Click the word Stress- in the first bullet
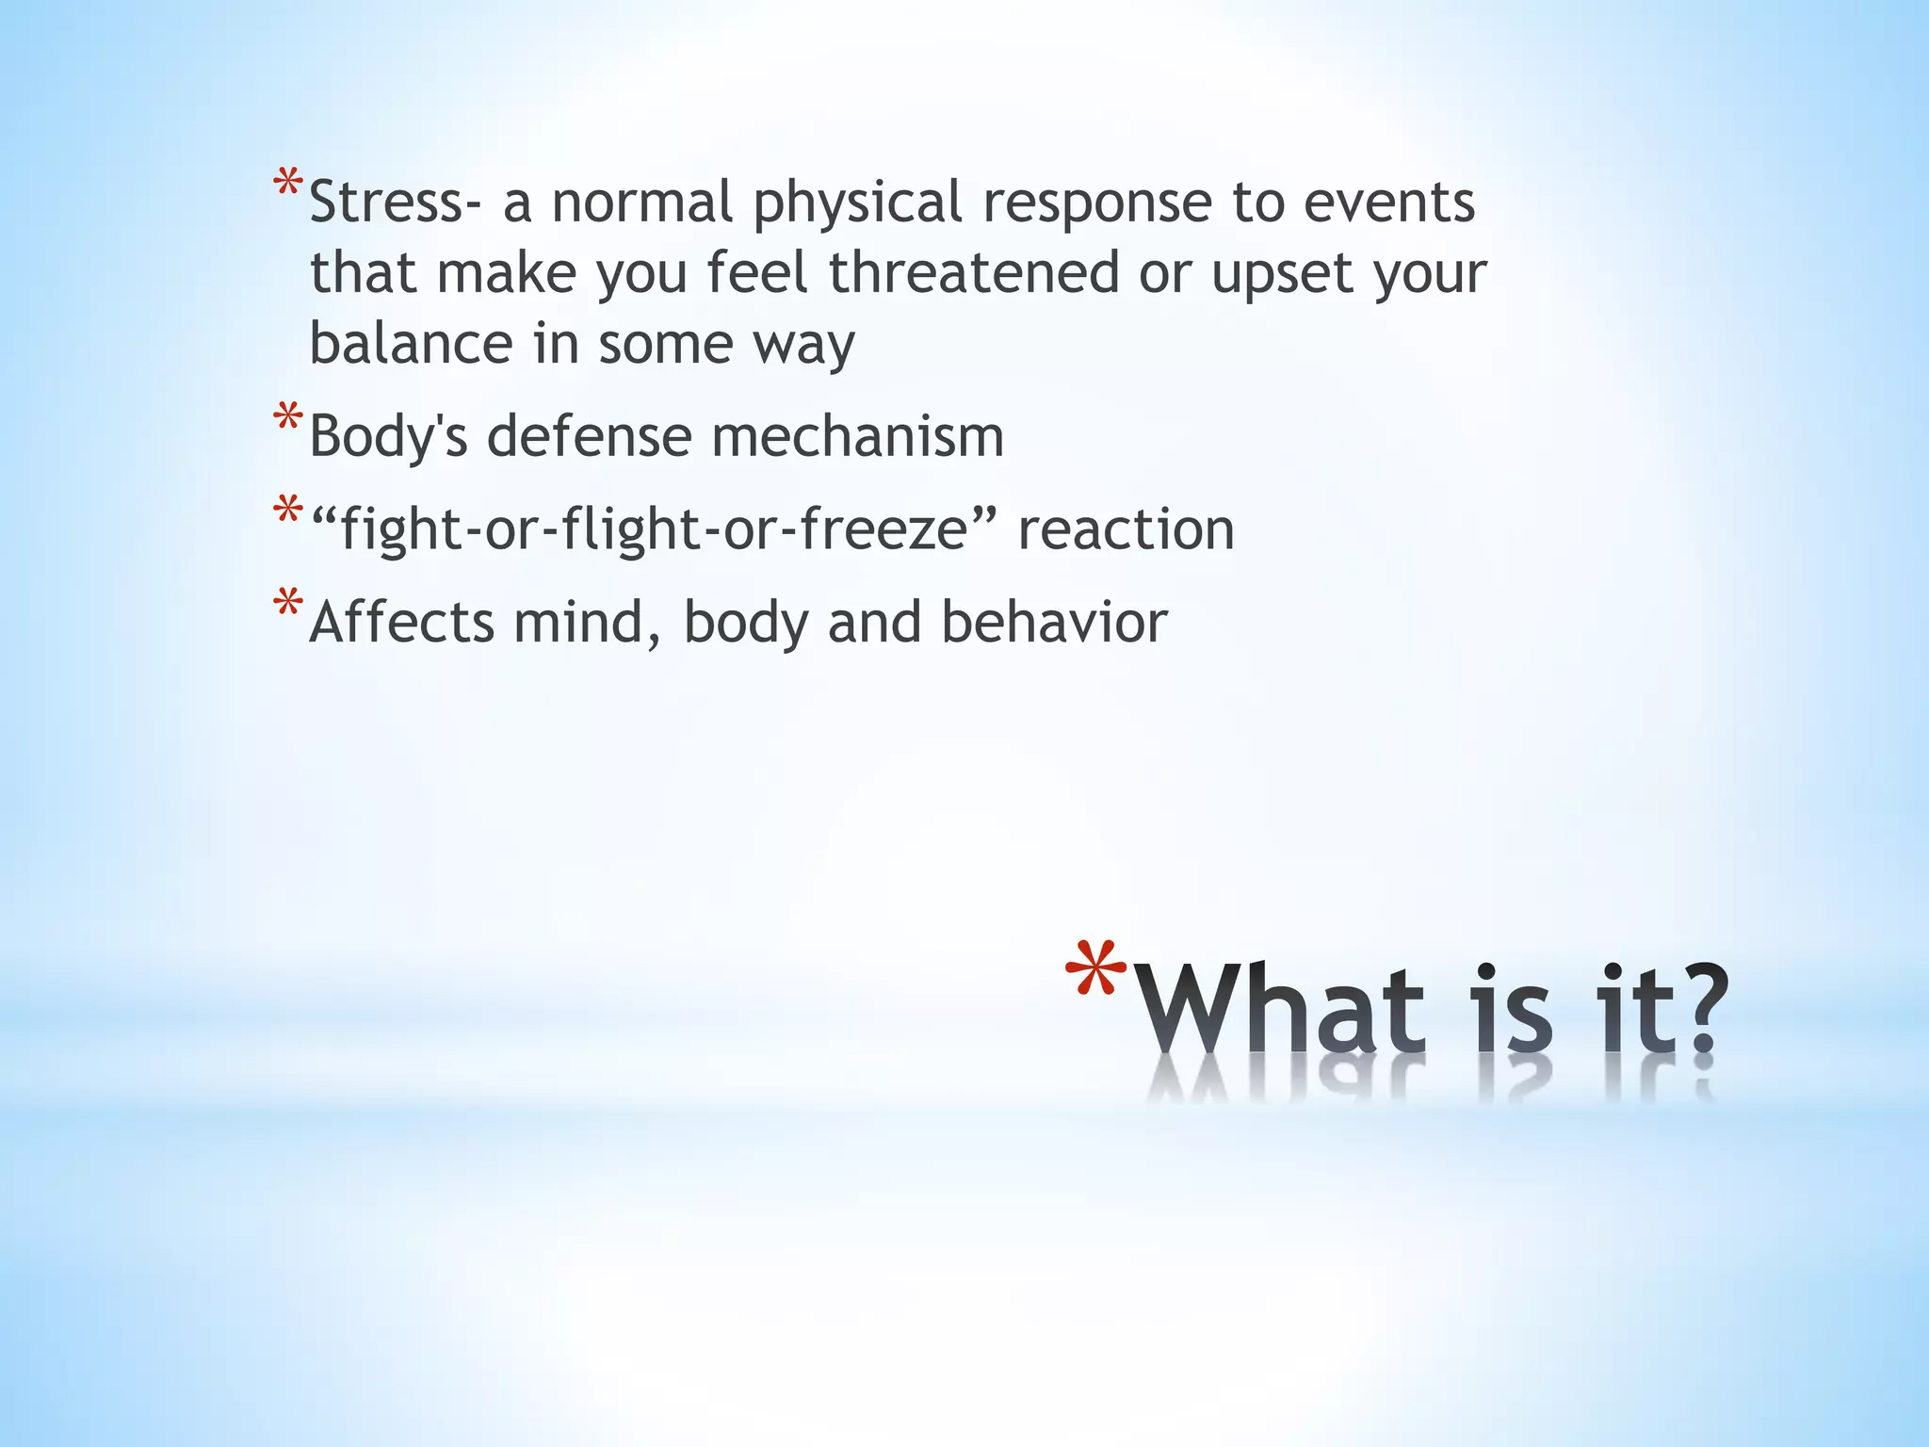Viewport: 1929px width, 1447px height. tap(387, 203)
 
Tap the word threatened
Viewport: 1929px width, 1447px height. tap(974, 273)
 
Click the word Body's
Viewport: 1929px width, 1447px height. tap(388, 437)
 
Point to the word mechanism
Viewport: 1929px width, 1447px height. tap(857, 437)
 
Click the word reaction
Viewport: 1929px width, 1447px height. tap(1126, 529)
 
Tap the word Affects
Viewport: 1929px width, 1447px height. tap(401, 623)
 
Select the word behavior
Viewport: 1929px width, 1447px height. tap(1054, 623)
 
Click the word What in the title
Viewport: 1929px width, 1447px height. tap(1281, 1013)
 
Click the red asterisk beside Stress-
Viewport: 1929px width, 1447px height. tap(288, 184)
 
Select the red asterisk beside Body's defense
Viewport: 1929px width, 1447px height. tap(288, 417)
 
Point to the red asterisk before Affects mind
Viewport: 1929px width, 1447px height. tap(288, 603)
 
